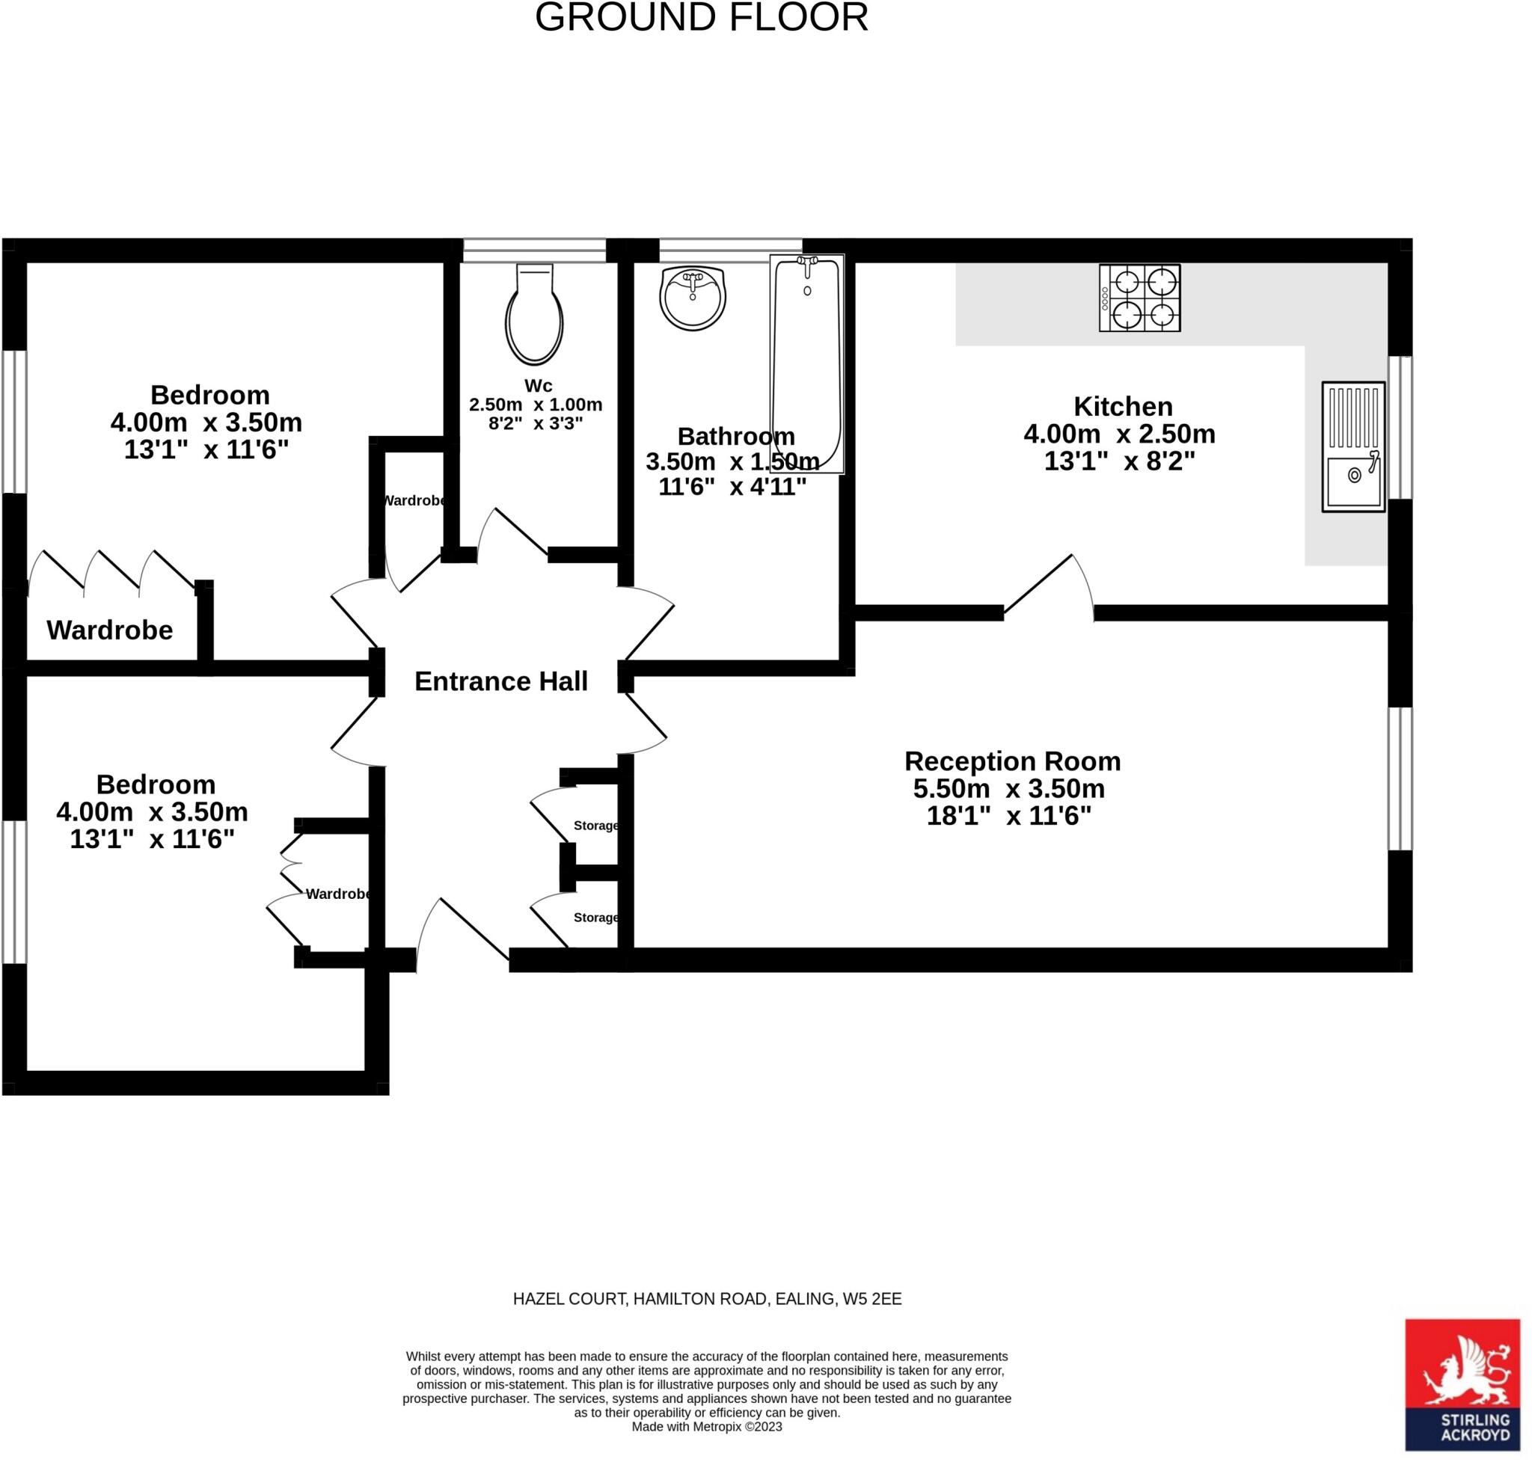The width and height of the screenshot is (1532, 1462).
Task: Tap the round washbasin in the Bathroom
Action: click(x=693, y=298)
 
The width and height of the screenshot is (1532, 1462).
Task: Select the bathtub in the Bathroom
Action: click(x=807, y=364)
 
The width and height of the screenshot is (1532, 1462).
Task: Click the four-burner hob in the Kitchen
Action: click(x=1140, y=298)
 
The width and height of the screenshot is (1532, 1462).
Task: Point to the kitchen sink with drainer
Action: click(x=1353, y=446)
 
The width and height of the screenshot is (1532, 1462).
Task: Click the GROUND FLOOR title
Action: click(x=702, y=17)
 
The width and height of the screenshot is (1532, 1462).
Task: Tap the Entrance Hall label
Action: click(x=500, y=681)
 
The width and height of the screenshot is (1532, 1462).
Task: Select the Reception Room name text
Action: click(x=1013, y=761)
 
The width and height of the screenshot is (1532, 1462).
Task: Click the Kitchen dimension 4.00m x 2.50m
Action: click(x=1120, y=433)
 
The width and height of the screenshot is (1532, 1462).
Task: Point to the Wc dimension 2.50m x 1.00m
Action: click(x=536, y=405)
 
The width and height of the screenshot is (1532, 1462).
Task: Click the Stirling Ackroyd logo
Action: click(x=1462, y=1385)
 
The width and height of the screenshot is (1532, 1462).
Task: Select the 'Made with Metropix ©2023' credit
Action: click(x=707, y=1427)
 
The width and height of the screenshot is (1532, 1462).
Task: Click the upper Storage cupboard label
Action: click(x=596, y=826)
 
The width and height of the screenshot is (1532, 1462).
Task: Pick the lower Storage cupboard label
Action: click(x=596, y=918)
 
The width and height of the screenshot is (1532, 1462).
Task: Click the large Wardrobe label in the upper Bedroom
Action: click(x=110, y=630)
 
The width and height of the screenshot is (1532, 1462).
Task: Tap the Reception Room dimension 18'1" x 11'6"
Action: click(x=1009, y=816)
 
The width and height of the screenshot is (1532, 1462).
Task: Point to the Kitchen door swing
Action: click(x=1050, y=586)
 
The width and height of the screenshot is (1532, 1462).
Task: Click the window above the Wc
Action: click(x=534, y=251)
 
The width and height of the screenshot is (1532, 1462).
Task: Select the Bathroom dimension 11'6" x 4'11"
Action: click(x=733, y=487)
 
